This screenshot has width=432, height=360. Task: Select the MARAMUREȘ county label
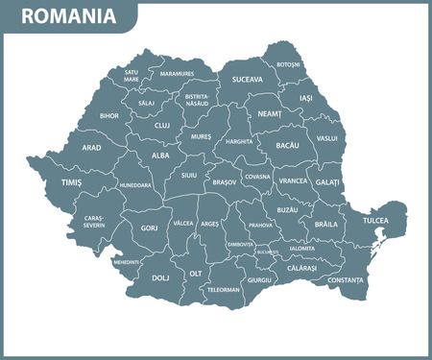[177, 74]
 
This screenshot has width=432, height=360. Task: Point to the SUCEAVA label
[247, 80]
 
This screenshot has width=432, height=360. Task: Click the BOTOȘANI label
[288, 65]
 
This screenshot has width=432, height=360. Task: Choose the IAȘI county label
[306, 98]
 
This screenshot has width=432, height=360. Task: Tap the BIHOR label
[110, 115]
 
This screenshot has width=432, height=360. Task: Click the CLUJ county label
[161, 125]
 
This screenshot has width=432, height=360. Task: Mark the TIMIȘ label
[71, 181]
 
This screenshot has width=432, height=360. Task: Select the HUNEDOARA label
[135, 185]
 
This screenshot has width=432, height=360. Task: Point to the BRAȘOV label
[225, 180]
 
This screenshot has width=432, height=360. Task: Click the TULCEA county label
[375, 222]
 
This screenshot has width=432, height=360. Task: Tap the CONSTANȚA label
[346, 279]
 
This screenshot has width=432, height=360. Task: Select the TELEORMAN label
[224, 289]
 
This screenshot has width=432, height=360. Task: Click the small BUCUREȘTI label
[268, 252]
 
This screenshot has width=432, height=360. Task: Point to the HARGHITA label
[239, 141]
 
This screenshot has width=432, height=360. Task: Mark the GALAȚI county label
[327, 181]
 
